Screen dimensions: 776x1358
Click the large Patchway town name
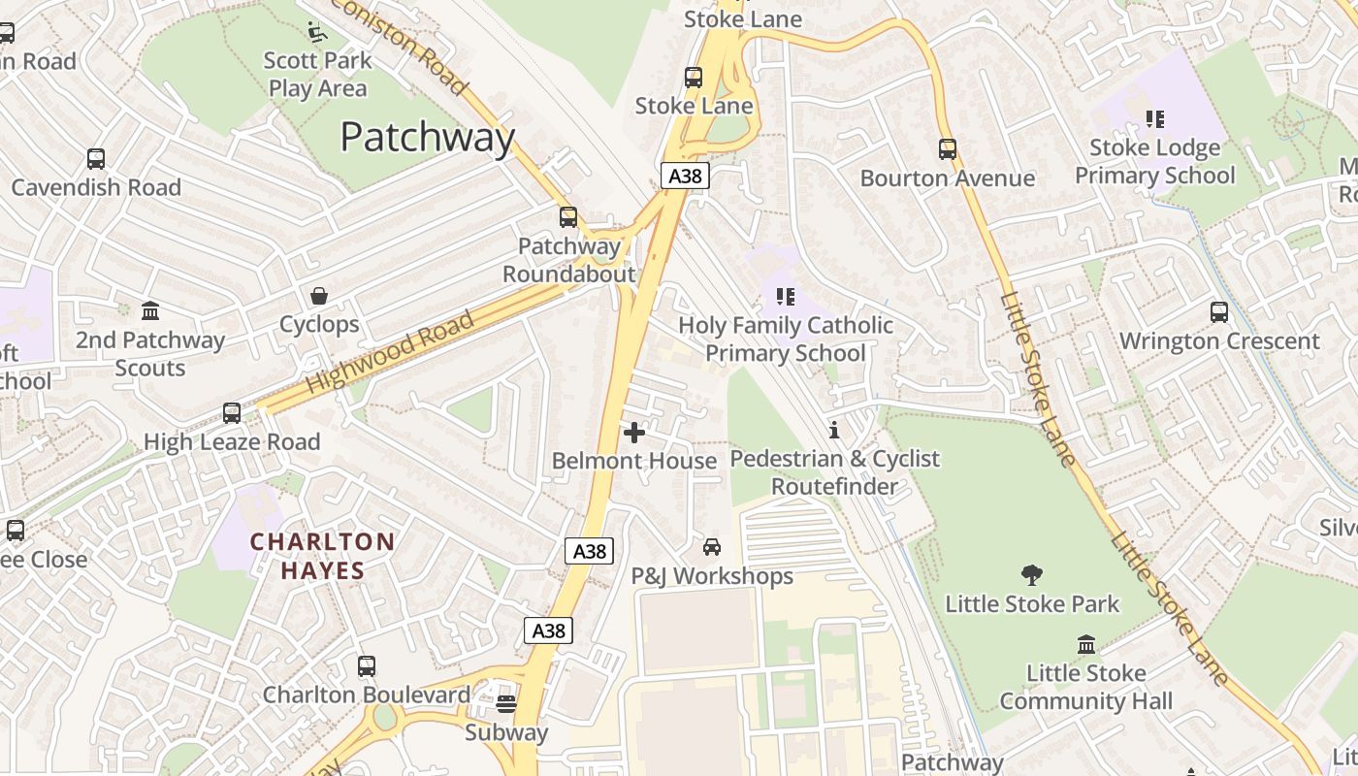coord(427,138)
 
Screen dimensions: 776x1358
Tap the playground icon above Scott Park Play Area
coord(317,32)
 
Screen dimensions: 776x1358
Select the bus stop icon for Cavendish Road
coord(96,159)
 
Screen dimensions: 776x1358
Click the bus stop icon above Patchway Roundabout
coord(568,217)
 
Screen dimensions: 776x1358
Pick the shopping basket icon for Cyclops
coord(319,296)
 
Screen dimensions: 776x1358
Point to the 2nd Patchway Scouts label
coord(150,354)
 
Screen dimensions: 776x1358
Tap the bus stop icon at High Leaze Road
coord(232,413)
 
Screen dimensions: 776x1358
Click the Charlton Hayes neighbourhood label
coord(323,556)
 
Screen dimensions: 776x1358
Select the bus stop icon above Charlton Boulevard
coord(367,666)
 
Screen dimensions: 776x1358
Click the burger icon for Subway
coord(505,703)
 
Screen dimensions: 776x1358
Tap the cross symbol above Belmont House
coord(634,433)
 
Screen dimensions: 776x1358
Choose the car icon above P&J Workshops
coord(712,547)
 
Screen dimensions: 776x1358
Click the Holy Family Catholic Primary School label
coord(786,339)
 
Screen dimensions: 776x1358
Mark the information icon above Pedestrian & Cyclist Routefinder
coord(834,430)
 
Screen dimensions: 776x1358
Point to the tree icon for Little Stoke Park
coord(1032,575)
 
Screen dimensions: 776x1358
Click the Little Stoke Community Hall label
coord(1086,687)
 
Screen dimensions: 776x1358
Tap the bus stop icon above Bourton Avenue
coord(948,149)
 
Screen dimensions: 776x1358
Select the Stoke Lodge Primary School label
coord(1154,161)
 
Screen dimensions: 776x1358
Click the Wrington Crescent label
coord(1219,341)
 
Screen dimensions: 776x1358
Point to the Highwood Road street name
coord(390,352)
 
